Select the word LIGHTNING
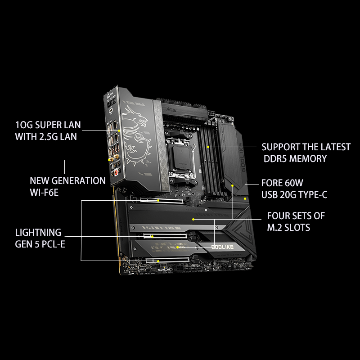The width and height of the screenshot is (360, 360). (x=38, y=233)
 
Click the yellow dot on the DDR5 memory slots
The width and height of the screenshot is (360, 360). (x=208, y=146)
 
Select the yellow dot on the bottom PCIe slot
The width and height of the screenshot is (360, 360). (x=158, y=260)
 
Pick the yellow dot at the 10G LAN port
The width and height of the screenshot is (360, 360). (x=120, y=131)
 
